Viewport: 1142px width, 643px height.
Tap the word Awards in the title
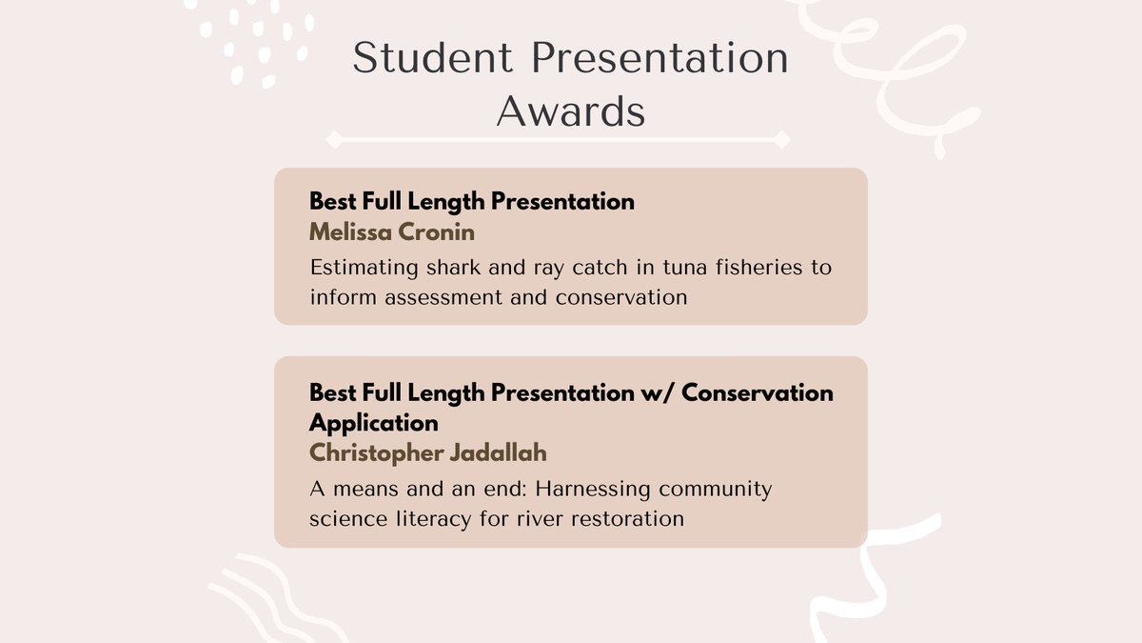(571, 111)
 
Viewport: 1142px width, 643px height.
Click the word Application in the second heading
(374, 422)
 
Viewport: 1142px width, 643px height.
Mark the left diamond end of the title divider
(333, 140)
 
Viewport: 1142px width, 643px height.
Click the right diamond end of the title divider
(781, 140)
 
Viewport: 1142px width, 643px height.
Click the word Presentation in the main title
(658, 59)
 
